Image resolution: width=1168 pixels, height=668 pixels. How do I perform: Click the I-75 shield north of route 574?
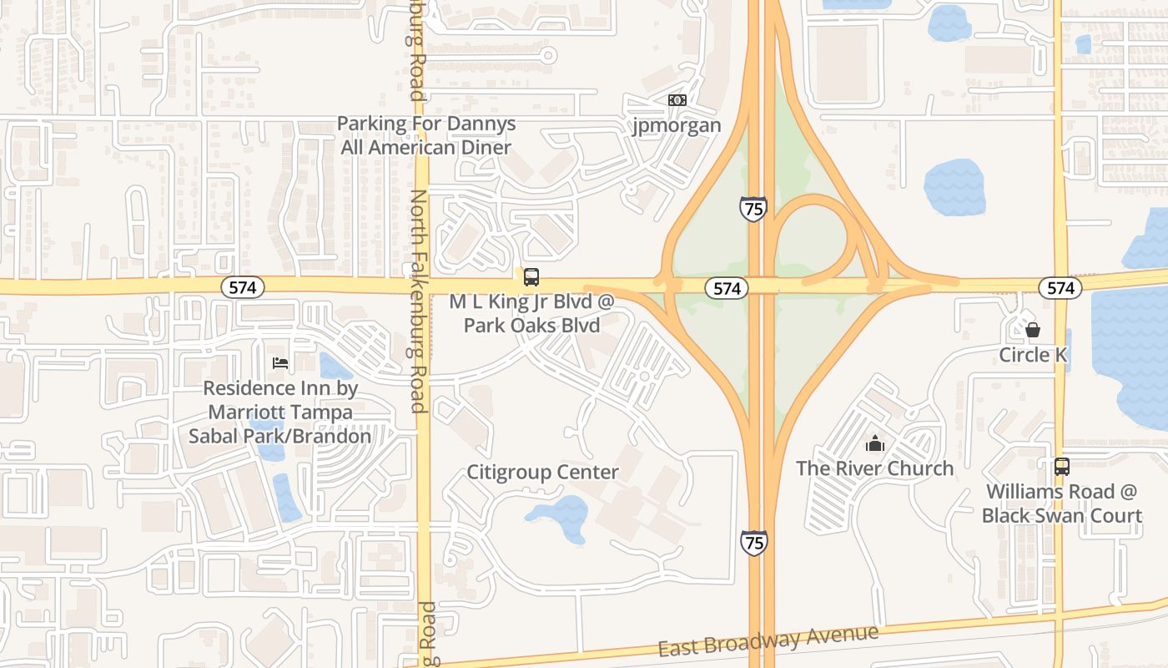(x=753, y=207)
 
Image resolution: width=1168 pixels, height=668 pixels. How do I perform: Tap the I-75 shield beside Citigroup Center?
(x=753, y=542)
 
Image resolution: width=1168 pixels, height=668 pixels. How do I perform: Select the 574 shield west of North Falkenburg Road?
(x=243, y=287)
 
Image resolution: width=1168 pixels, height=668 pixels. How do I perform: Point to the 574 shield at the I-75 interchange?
(x=727, y=288)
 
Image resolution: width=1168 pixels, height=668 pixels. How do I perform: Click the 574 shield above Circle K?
(x=1060, y=288)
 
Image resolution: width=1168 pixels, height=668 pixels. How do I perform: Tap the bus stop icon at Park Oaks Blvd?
(x=531, y=277)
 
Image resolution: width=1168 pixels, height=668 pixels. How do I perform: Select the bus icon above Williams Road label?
(x=1061, y=467)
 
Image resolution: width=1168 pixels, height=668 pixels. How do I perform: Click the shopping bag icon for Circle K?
(x=1033, y=330)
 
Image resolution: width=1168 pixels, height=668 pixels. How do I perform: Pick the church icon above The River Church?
(x=874, y=443)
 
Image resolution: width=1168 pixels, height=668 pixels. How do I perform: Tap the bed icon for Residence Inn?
(x=280, y=363)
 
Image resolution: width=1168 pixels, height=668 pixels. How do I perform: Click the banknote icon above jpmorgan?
(x=677, y=100)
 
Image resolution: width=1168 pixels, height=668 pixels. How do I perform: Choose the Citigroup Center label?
(x=542, y=473)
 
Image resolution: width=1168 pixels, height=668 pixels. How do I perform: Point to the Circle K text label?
(x=1033, y=355)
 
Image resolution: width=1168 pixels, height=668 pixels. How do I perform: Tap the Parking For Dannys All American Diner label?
(x=426, y=135)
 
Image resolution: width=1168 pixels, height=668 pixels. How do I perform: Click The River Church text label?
(x=874, y=468)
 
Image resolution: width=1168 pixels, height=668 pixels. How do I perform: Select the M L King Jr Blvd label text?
(x=531, y=301)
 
